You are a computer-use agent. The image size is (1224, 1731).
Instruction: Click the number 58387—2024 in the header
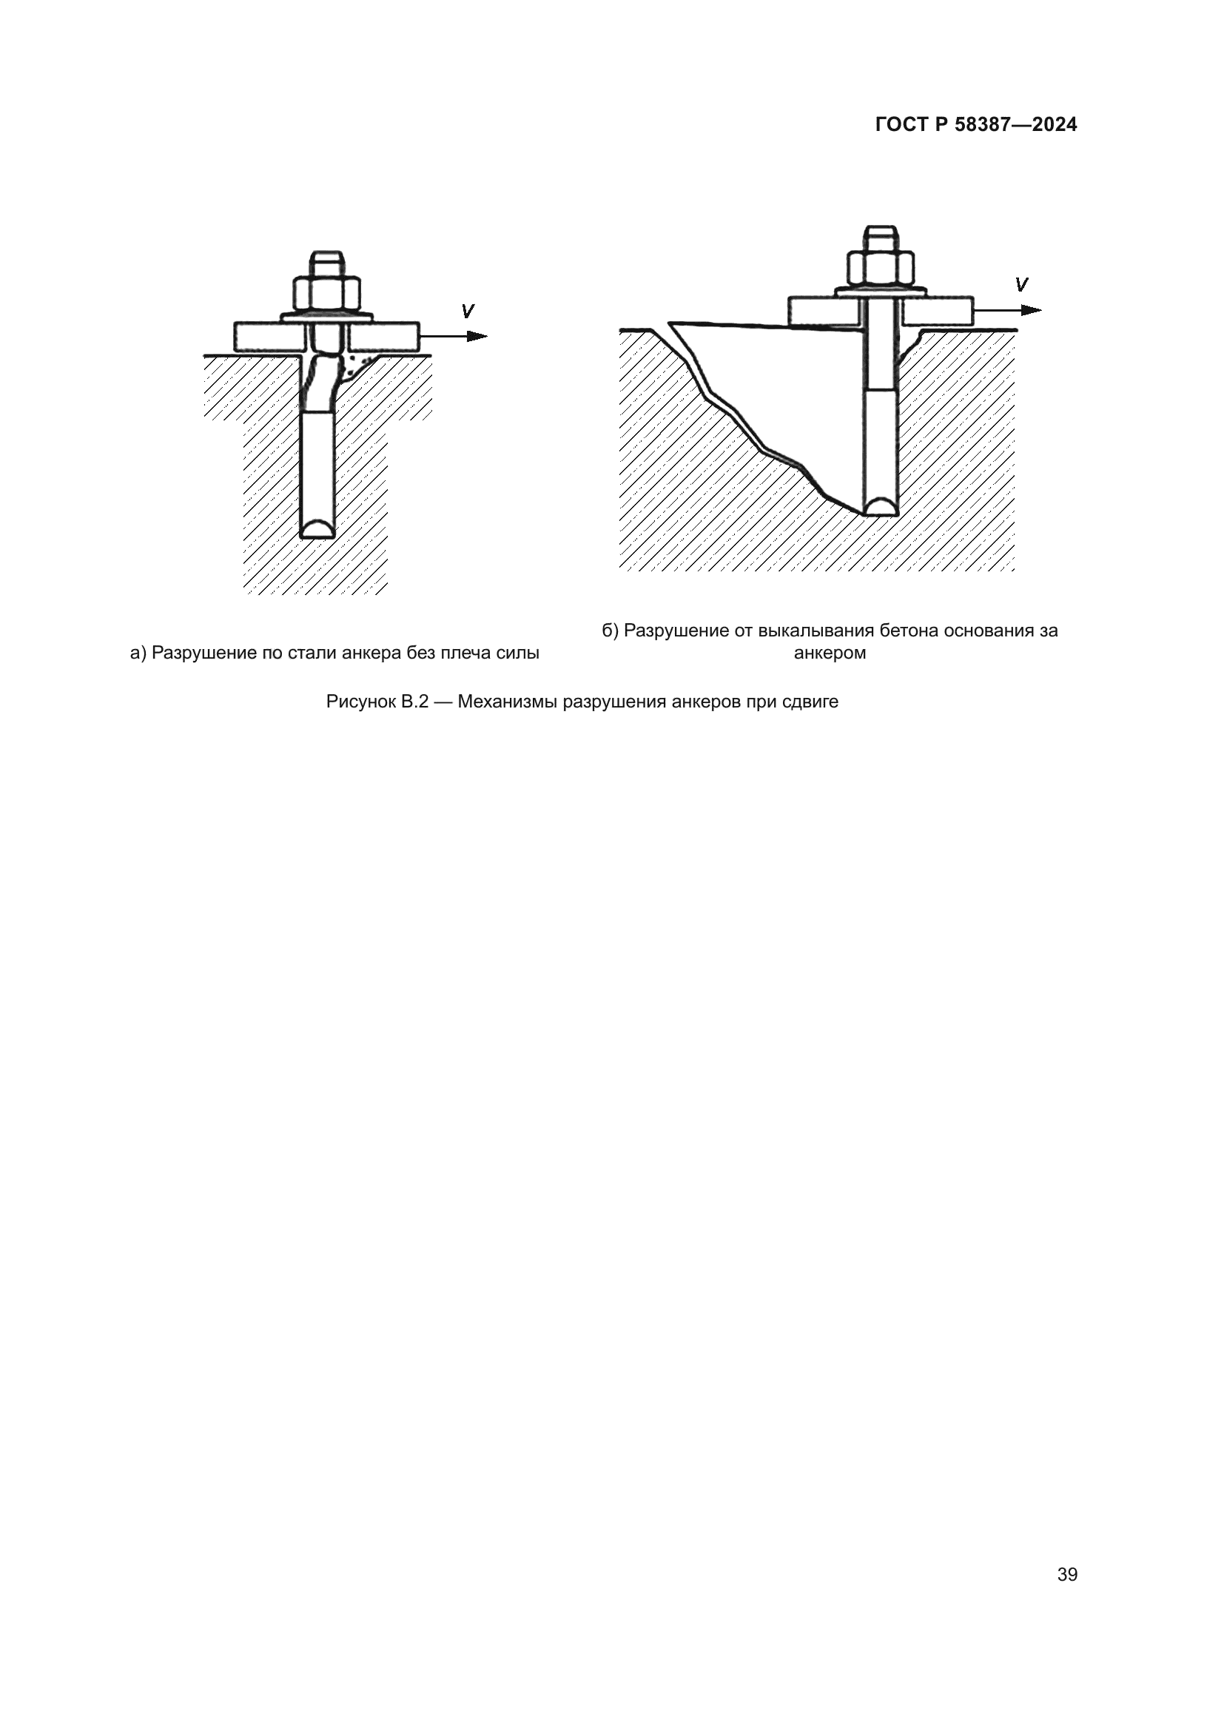pyautogui.click(x=1016, y=124)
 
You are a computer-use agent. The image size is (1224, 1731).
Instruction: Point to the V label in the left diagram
pyautogui.click(x=467, y=311)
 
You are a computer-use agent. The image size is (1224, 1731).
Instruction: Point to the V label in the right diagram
pyautogui.click(x=1021, y=285)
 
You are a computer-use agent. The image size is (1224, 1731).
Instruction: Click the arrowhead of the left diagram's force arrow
pyautogui.click(x=478, y=336)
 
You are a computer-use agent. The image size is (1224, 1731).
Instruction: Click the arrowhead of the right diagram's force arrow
pyautogui.click(x=1032, y=310)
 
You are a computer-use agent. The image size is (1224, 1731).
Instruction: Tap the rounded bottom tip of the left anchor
pyautogui.click(x=317, y=528)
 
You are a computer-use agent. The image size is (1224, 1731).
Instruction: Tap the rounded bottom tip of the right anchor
pyautogui.click(x=881, y=506)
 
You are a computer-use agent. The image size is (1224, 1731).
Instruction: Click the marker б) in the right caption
pyautogui.click(x=611, y=631)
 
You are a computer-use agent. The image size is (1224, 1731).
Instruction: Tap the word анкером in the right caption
pyautogui.click(x=830, y=653)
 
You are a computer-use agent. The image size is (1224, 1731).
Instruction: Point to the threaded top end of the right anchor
pyautogui.click(x=881, y=237)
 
